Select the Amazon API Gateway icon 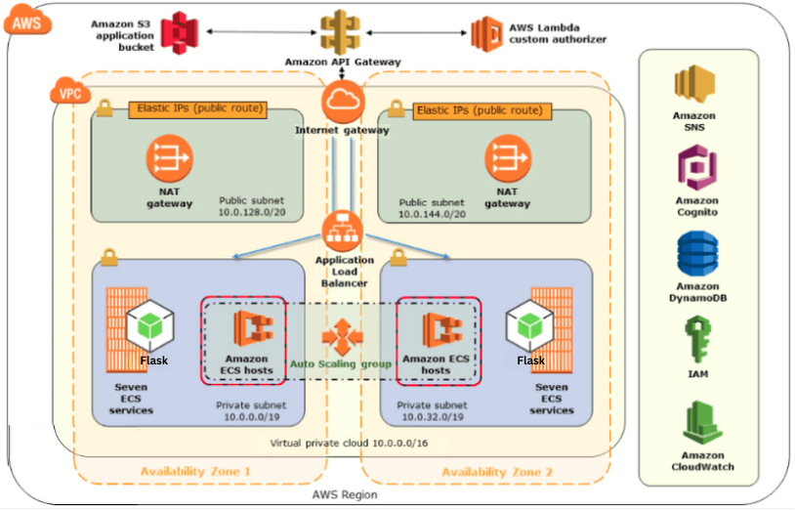pos(341,32)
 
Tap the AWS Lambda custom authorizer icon pos(486,32)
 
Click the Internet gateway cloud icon pos(342,102)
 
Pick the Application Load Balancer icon pos(342,232)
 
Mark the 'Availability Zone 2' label pos(497,472)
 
